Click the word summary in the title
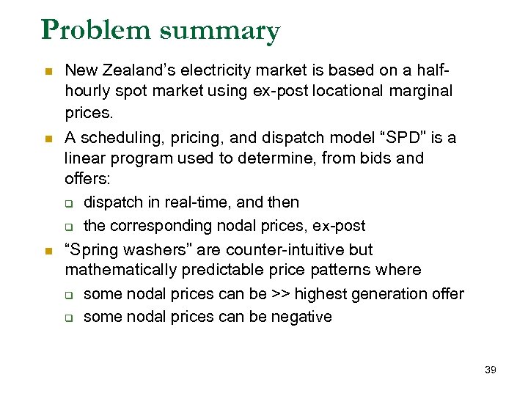[219, 32]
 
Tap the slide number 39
[491, 370]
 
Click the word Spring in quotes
[92, 249]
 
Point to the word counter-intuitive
[286, 249]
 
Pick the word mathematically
[120, 270]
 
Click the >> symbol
[281, 294]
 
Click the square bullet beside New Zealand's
[48, 72]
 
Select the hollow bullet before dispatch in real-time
[69, 203]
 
